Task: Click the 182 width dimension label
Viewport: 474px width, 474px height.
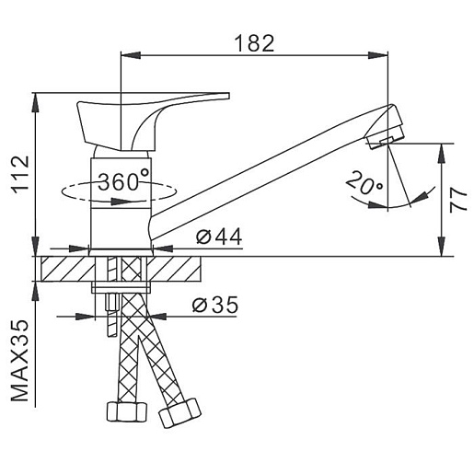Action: coord(254,43)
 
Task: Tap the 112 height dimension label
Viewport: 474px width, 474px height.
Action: coord(20,175)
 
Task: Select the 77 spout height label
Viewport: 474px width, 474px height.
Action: coord(458,200)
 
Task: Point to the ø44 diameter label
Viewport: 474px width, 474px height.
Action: coord(219,237)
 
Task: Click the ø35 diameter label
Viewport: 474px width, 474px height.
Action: coord(215,305)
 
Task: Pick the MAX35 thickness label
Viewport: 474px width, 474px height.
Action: coord(20,361)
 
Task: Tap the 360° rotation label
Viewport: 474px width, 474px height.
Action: coord(123,181)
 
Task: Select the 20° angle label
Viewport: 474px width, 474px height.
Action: coord(364,183)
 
